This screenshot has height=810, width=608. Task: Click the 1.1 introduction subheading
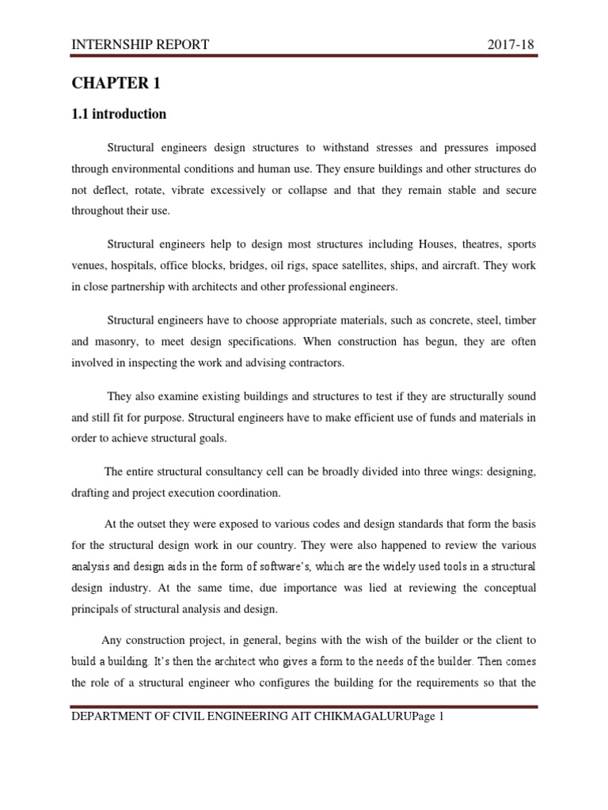[119, 114]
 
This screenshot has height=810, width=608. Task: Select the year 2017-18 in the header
[512, 44]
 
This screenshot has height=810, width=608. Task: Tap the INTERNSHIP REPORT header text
[140, 44]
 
